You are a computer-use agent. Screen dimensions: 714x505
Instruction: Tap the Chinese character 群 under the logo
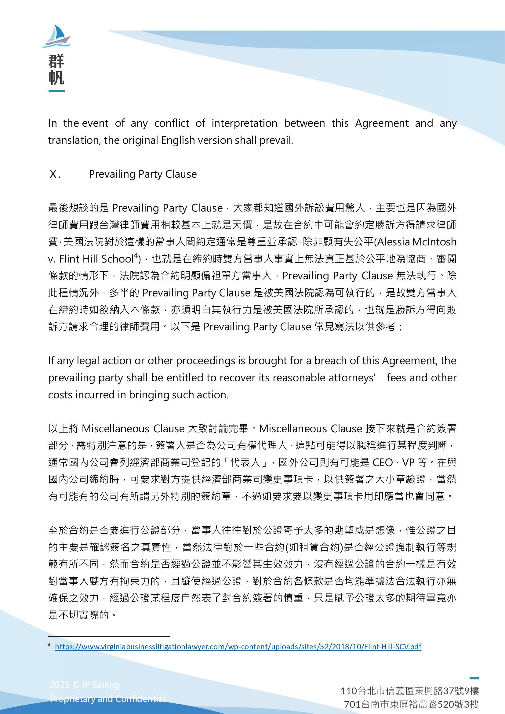coord(56,61)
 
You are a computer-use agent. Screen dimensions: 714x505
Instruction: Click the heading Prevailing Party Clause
coord(143,174)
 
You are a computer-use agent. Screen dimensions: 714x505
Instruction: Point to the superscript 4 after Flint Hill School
coord(136,256)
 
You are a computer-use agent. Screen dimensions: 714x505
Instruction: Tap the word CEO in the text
coord(383,463)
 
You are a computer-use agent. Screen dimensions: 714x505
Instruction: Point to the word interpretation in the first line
coord(245,123)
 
